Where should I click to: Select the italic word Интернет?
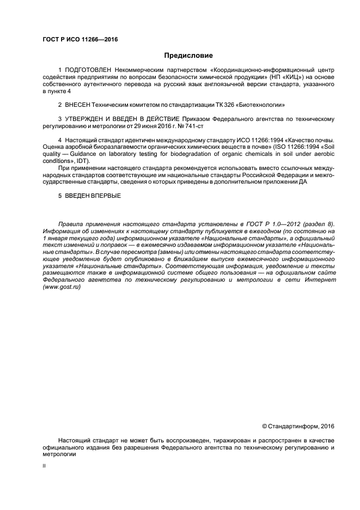point(321,280)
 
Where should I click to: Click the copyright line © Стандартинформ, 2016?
point(298,426)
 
